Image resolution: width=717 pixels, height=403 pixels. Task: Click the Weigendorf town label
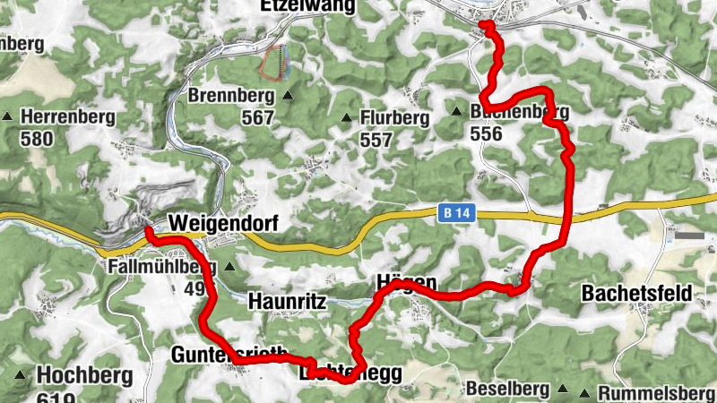click(x=223, y=223)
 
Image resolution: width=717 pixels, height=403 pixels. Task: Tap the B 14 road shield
click(x=455, y=213)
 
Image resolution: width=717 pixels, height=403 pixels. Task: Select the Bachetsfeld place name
click(x=635, y=293)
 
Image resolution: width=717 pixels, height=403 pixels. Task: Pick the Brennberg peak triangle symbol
click(x=288, y=95)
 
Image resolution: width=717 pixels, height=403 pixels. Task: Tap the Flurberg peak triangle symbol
click(x=347, y=117)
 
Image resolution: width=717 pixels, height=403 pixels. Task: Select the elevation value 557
click(x=376, y=140)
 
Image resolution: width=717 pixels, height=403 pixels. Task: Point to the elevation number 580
click(x=38, y=139)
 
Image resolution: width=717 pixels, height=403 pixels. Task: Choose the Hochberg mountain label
click(x=84, y=374)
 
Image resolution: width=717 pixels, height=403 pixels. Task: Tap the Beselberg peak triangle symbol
click(x=562, y=390)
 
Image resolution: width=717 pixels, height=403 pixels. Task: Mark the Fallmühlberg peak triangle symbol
click(x=229, y=266)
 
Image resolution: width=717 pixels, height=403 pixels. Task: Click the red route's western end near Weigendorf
click(x=147, y=234)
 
